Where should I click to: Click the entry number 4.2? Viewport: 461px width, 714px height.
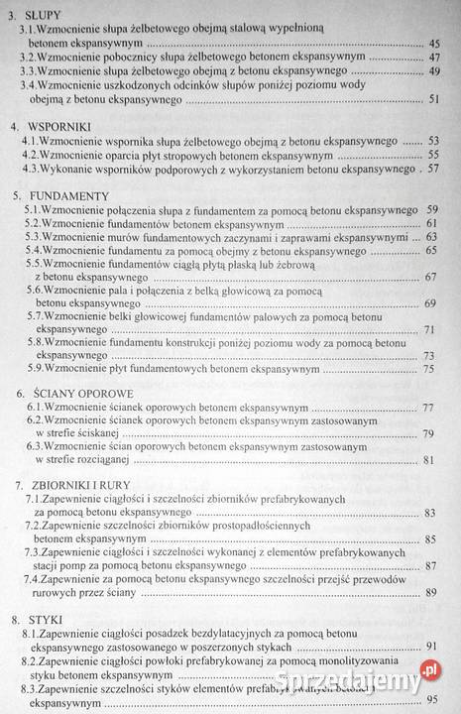point(33,155)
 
